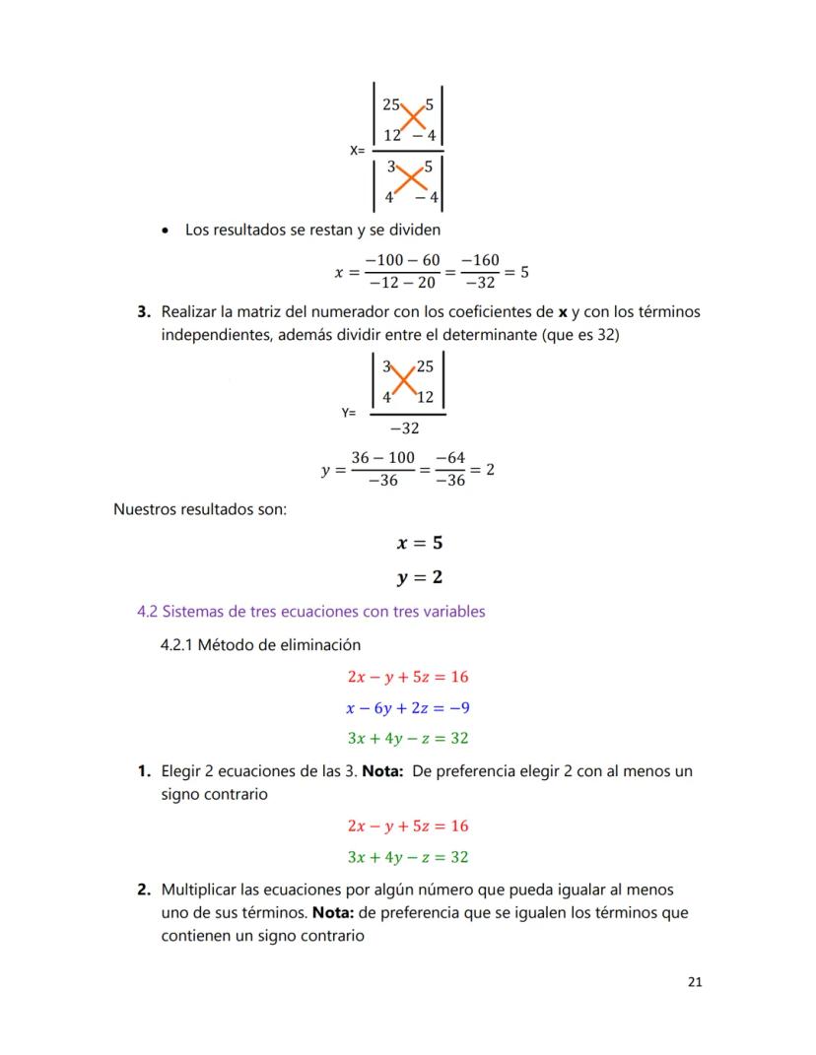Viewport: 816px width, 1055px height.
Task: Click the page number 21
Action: click(x=695, y=982)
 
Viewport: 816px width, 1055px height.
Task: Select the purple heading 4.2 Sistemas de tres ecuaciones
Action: click(x=310, y=612)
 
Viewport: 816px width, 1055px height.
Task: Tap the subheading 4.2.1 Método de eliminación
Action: click(x=260, y=645)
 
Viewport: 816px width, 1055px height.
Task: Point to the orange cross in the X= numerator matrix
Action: click(x=407, y=119)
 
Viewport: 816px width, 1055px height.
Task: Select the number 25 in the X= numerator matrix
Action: click(x=391, y=103)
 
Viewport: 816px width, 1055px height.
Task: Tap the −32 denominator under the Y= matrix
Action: click(x=403, y=429)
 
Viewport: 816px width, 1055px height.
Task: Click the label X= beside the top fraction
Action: click(x=357, y=151)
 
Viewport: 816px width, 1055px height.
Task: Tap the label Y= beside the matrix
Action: click(x=349, y=414)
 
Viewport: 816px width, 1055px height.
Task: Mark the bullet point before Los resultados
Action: click(x=166, y=231)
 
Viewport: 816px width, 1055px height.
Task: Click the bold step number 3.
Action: click(x=144, y=312)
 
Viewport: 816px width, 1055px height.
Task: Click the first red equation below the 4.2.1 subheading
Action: click(x=408, y=677)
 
